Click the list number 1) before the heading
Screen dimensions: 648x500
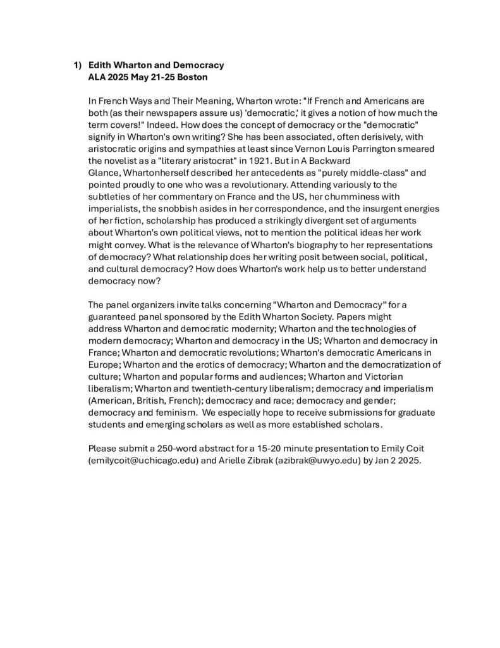(77, 65)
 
